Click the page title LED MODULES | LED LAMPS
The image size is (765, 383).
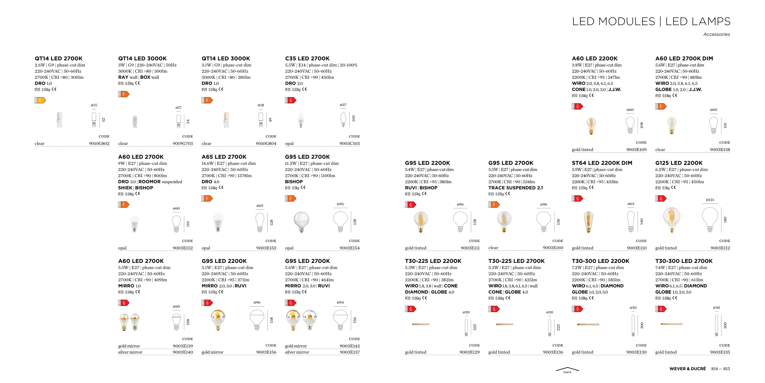[x=651, y=21]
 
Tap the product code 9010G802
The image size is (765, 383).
[x=99, y=143]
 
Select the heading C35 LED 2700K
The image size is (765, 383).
[x=307, y=59]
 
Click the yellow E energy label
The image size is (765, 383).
[x=40, y=100]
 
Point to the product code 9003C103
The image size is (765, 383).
[x=349, y=143]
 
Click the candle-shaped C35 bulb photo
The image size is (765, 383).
[x=301, y=120]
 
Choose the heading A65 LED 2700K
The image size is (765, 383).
[x=224, y=157]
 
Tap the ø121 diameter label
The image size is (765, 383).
[x=710, y=200]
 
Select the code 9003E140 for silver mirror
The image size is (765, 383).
[x=182, y=352]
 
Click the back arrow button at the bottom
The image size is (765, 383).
[x=567, y=370]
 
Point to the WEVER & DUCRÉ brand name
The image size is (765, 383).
[x=687, y=369]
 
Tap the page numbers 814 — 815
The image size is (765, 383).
[x=720, y=369]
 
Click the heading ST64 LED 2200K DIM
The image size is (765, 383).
[x=602, y=163]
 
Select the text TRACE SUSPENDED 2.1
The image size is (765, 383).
[x=516, y=188]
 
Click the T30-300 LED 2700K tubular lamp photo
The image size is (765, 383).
[x=671, y=324]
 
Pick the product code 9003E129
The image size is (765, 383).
[x=469, y=352]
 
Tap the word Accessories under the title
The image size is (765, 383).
[x=716, y=34]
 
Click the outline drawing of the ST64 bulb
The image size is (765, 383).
[x=631, y=221]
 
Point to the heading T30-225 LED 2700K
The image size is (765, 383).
[x=516, y=261]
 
